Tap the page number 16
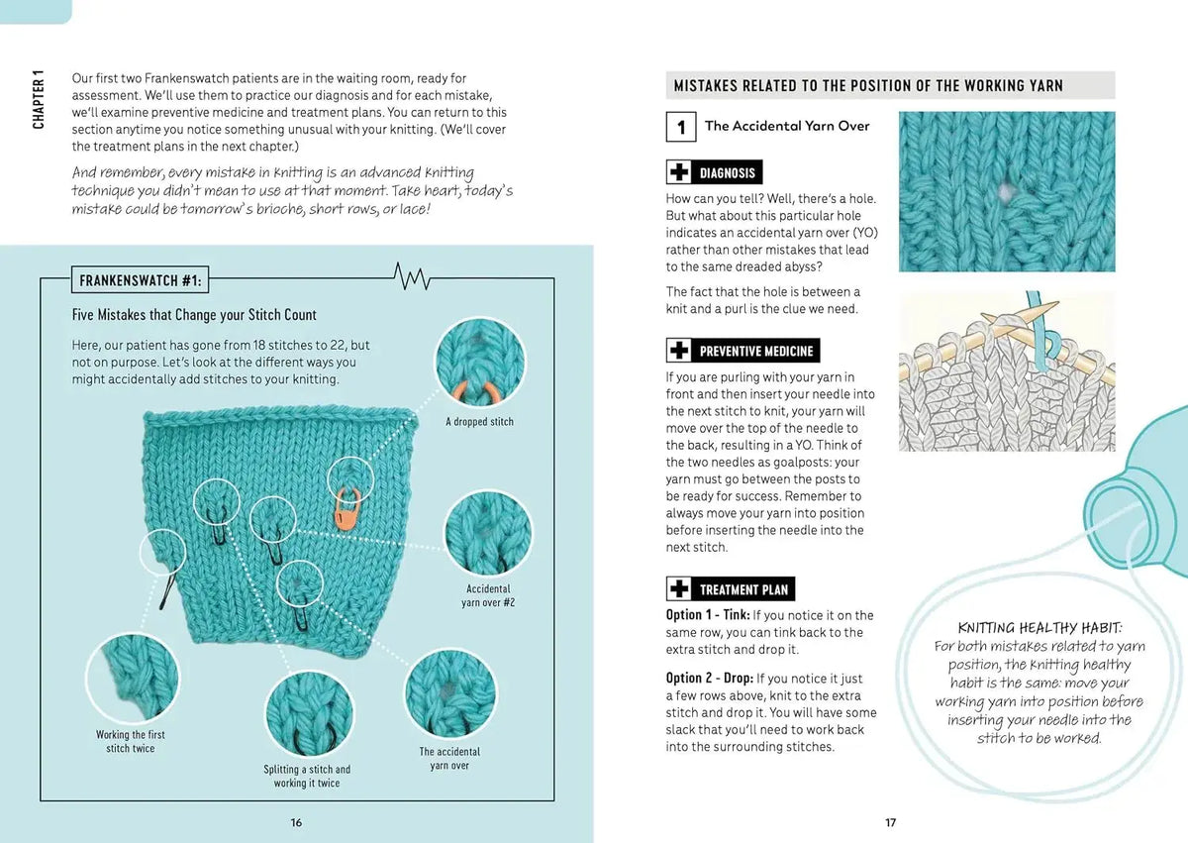(x=296, y=822)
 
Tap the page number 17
(x=890, y=822)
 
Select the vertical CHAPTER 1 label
(x=39, y=99)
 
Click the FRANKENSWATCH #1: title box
(x=140, y=280)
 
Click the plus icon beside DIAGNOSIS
(x=679, y=172)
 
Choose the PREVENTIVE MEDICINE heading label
(x=755, y=351)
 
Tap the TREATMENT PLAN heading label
(x=743, y=588)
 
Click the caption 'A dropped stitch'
(x=479, y=422)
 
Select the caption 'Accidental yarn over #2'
(x=488, y=595)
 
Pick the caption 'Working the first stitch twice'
(x=131, y=742)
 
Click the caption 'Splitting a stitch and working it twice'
(x=307, y=777)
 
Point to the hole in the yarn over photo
(x=1005, y=192)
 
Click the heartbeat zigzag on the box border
(x=412, y=276)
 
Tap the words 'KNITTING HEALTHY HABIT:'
(x=1039, y=628)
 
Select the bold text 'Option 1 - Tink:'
(x=708, y=615)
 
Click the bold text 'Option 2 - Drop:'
(x=710, y=678)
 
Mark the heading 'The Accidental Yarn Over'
(x=787, y=126)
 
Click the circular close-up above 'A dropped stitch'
(x=480, y=363)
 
